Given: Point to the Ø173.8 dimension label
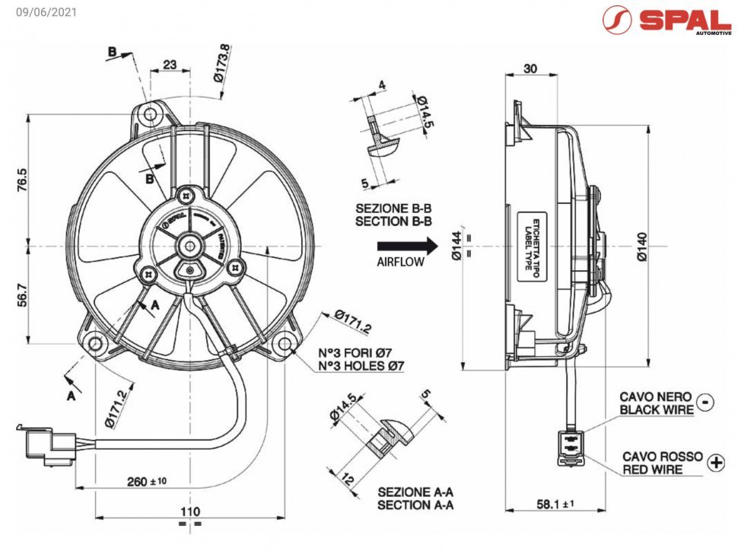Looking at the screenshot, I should (221, 64).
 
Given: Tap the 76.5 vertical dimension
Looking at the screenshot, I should (22, 180).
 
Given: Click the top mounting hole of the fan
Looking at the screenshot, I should (151, 114).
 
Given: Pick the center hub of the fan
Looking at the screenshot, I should (188, 246).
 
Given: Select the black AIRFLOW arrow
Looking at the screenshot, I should (408, 245).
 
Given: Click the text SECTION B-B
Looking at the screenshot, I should (394, 221).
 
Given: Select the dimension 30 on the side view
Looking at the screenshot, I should (530, 68).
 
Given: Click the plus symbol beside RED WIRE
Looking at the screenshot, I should (715, 462).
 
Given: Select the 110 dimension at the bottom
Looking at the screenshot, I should (189, 511).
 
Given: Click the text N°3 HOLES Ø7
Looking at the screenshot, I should (361, 366).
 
